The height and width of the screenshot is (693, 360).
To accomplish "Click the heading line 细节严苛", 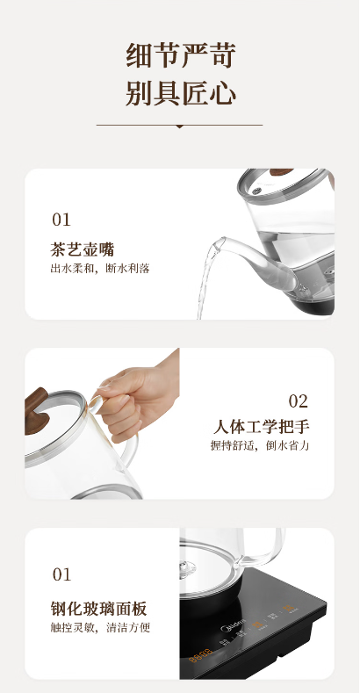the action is (x=181, y=55).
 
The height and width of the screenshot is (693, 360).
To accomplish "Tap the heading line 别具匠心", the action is (x=181, y=93).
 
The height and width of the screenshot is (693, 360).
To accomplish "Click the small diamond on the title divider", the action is (x=179, y=126).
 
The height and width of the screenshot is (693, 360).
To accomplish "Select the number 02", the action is (x=298, y=401).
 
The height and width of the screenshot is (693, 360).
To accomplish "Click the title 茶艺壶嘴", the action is (x=83, y=249).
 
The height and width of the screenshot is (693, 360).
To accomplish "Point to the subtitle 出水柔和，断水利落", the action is (x=100, y=268).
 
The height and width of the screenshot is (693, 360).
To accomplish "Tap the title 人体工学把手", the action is (x=261, y=427).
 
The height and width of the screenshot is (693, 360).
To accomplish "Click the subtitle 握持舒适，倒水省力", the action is (x=260, y=445).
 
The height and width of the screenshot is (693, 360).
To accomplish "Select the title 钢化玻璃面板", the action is (x=98, y=609).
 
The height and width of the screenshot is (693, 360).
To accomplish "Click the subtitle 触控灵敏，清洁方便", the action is (x=100, y=628).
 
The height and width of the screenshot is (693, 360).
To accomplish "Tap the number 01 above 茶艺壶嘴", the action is (x=61, y=220).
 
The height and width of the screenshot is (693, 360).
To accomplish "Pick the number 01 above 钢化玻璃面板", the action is (x=61, y=574).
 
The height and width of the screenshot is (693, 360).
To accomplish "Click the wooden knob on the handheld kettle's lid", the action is (x=36, y=411).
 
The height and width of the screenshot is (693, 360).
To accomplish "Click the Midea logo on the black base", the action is (x=233, y=626).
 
